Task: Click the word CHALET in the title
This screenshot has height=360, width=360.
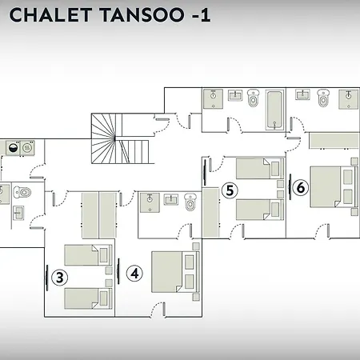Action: [50, 15]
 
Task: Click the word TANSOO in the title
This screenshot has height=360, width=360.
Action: [142, 15]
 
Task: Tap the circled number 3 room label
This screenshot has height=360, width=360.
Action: [59, 278]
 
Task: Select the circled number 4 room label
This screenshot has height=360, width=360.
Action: [134, 274]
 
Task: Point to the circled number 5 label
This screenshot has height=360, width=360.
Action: [230, 190]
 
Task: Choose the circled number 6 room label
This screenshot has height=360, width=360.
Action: [301, 187]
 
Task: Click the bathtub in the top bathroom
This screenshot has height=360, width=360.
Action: [274, 110]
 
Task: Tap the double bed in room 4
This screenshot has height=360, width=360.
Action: [175, 272]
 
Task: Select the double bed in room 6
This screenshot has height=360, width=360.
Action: [334, 187]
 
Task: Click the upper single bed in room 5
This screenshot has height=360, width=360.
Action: [260, 168]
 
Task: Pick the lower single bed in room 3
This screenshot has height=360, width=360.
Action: [88, 298]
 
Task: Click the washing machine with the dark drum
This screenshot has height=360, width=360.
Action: [14, 148]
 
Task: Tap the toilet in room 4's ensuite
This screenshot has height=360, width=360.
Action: [190, 202]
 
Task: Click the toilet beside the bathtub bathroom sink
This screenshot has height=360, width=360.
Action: [253, 98]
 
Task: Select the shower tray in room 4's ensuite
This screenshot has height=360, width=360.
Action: [150, 202]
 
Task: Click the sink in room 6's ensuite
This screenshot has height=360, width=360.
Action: [302, 94]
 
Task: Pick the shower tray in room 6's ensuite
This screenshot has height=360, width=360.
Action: [349, 99]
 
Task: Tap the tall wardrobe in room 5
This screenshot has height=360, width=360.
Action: [210, 213]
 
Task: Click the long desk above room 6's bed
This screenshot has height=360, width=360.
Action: [334, 140]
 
